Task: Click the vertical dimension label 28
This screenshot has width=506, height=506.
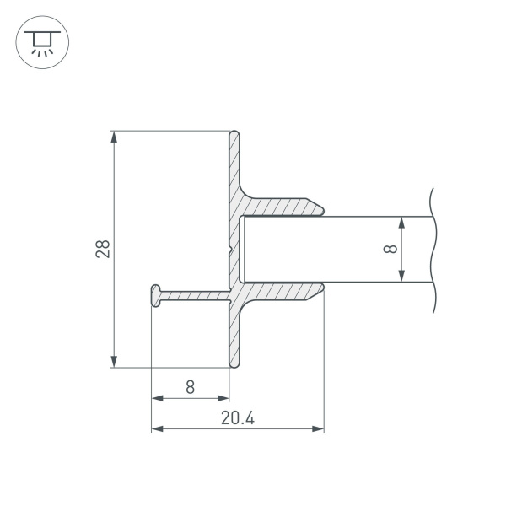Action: tap(103, 249)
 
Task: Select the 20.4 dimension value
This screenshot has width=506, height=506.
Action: tap(238, 417)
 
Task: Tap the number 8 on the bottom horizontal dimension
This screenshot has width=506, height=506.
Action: tap(190, 387)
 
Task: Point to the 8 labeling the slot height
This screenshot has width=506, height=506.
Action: tap(389, 249)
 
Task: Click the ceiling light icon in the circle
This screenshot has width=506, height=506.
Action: tap(39, 41)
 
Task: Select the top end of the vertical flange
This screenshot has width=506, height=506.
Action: tap(234, 133)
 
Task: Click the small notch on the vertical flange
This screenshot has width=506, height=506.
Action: tap(229, 250)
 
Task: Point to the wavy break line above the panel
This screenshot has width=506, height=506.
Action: tap(432, 201)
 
